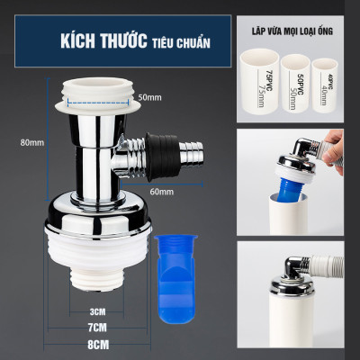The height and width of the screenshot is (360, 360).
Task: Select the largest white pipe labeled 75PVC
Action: pyautogui.click(x=260, y=86)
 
